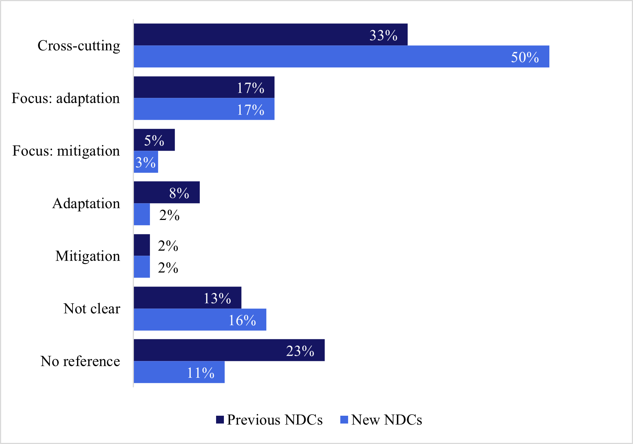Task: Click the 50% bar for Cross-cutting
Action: point(341,57)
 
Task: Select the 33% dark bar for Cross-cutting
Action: point(270,35)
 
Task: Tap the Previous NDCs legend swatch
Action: point(220,420)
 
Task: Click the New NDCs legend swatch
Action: point(344,420)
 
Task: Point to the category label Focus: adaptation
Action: point(66,98)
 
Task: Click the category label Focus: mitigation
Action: point(66,151)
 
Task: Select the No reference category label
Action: point(80,361)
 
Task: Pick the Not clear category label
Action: point(92,309)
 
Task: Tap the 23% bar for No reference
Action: point(229,350)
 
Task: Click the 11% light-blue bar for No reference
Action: point(179,372)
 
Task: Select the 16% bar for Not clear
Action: point(200,320)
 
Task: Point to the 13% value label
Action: point(217,298)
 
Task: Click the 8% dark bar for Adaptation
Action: point(167,192)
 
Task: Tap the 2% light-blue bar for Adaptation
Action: point(142,214)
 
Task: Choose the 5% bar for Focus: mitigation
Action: point(154,140)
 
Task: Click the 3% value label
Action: point(145,163)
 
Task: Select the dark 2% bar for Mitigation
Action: point(142,245)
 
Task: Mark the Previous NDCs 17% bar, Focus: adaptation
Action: point(204,87)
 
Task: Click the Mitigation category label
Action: point(88,256)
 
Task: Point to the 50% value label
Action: point(525,57)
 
